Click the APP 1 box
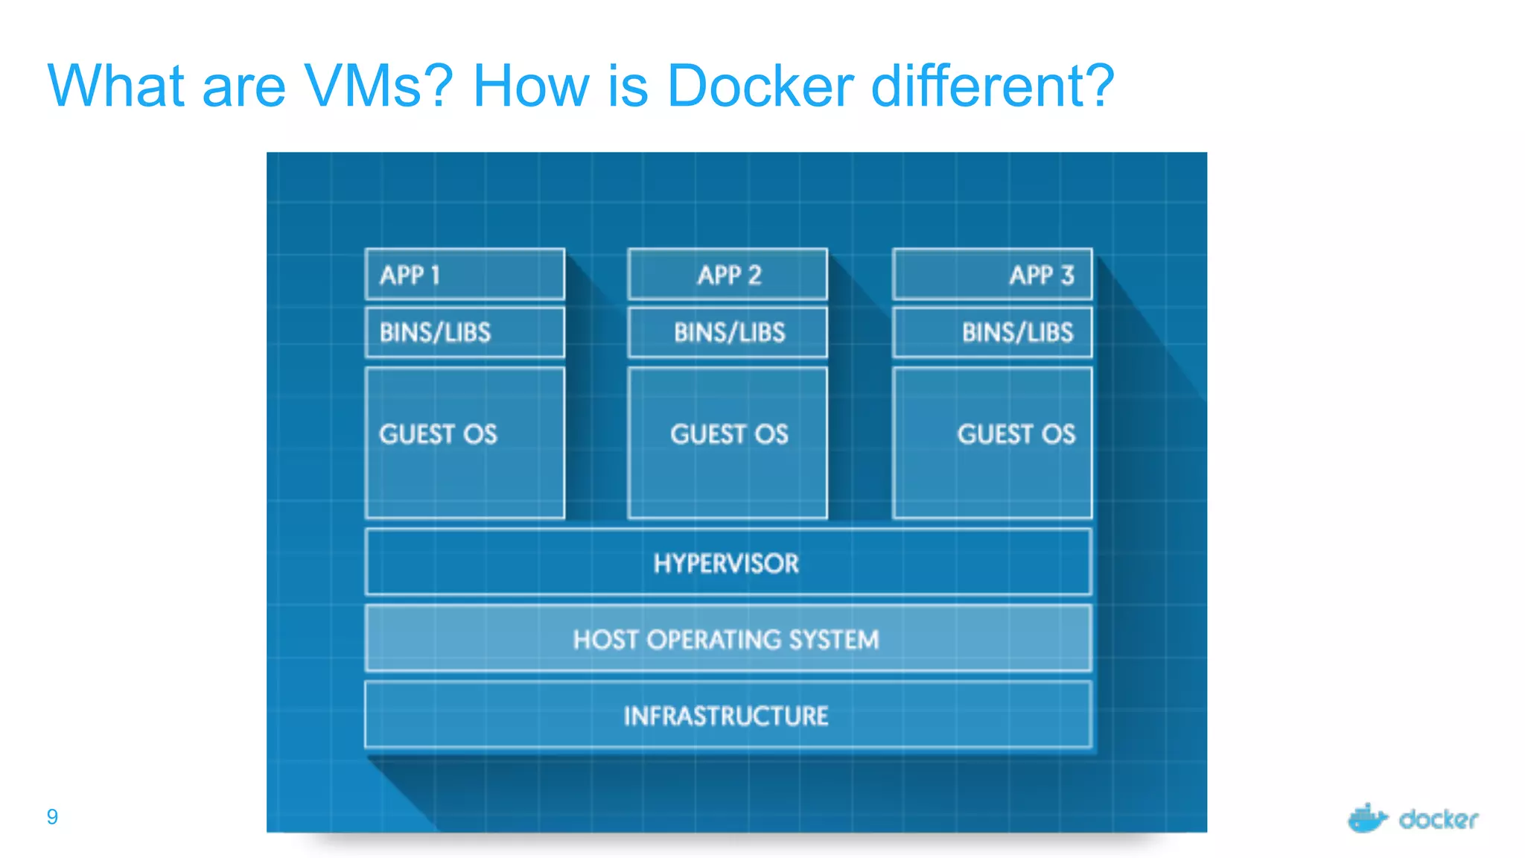[465, 275]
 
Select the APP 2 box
[728, 275]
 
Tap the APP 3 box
[992, 275]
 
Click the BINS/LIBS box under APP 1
[465, 332]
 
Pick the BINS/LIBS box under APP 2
[728, 332]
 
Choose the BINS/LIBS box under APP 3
[992, 332]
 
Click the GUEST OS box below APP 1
[465, 442]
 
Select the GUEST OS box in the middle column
[728, 442]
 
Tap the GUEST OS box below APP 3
[992, 442]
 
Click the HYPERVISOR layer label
[726, 564]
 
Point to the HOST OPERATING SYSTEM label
[726, 640]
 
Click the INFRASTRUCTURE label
[726, 716]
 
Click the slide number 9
[52, 817]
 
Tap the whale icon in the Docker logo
[1367, 819]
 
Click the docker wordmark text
[1438, 820]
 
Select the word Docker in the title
[760, 86]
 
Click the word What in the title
[115, 86]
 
